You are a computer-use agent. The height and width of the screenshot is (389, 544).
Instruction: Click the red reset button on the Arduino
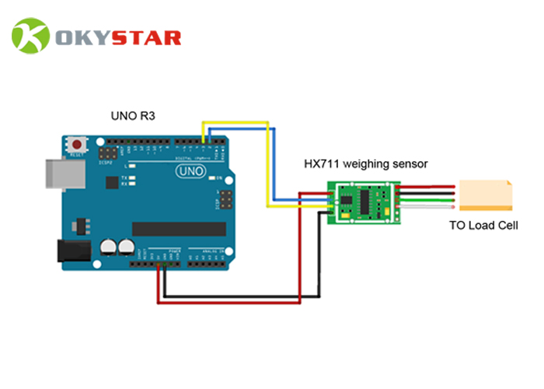pyautogui.click(x=77, y=145)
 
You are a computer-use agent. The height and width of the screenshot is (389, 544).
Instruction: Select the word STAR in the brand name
pyautogui.click(x=147, y=37)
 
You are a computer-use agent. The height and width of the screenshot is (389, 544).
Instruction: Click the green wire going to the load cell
pyautogui.click(x=427, y=201)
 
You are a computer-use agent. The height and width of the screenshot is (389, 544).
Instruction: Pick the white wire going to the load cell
pyautogui.click(x=427, y=208)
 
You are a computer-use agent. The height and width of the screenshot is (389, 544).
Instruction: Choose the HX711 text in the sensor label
pyautogui.click(x=320, y=164)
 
